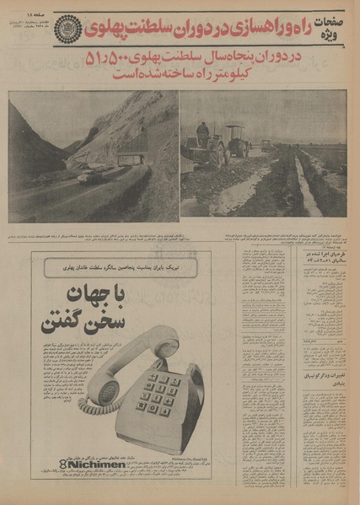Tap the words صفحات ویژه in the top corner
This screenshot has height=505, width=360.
click(x=327, y=26)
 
